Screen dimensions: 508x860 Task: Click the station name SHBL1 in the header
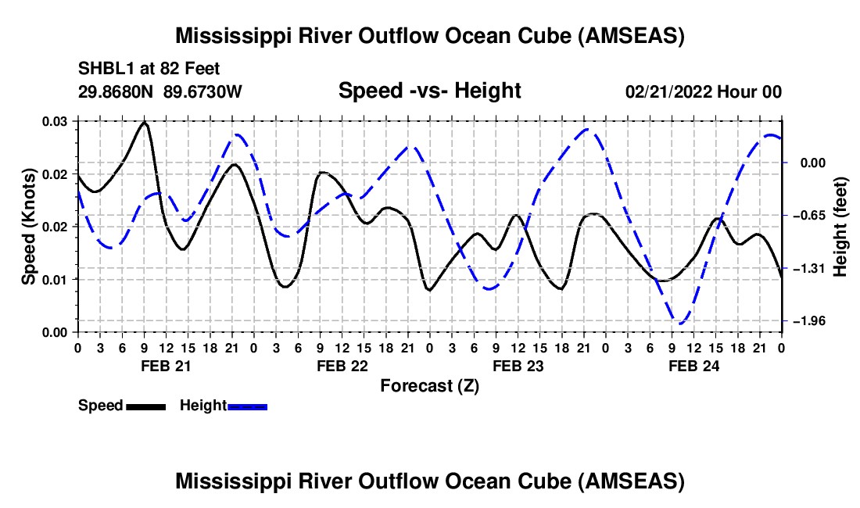(102, 69)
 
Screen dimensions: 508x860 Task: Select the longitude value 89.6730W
(203, 91)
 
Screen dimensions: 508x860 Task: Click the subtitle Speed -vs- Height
(429, 91)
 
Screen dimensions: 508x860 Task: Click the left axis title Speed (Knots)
(28, 227)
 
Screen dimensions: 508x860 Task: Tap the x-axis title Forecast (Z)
(429, 385)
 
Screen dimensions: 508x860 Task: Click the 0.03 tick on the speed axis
(55, 121)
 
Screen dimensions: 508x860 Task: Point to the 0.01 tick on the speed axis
(55, 279)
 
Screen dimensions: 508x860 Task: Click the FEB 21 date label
(165, 366)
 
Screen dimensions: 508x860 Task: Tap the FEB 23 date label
(518, 366)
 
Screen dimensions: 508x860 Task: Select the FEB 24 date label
(693, 366)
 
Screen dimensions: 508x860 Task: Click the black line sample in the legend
(145, 406)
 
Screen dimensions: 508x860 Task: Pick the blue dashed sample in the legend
(248, 406)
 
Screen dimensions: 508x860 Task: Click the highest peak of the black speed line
(145, 123)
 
